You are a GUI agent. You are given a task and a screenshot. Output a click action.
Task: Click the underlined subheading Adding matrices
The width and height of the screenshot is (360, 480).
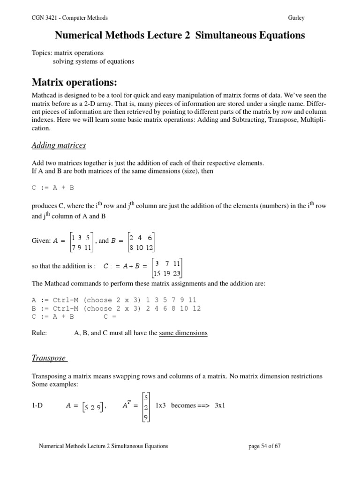[59, 145]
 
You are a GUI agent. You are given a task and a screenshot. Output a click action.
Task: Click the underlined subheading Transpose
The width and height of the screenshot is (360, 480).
[49, 358]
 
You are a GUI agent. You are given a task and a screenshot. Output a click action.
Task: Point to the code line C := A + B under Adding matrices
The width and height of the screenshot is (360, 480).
[52, 187]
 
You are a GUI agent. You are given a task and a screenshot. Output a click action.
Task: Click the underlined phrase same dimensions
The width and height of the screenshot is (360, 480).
[183, 333]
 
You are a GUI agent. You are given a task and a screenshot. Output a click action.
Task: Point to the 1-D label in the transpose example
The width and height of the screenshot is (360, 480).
[37, 405]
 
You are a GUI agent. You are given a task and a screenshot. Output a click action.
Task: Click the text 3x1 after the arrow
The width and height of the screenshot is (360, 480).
[220, 405]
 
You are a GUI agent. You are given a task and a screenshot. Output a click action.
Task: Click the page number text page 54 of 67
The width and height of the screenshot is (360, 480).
[264, 446]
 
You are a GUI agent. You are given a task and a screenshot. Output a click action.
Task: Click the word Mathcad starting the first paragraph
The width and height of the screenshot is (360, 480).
[45, 95]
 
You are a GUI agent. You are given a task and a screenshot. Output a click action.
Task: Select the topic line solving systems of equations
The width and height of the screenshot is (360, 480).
[93, 61]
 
